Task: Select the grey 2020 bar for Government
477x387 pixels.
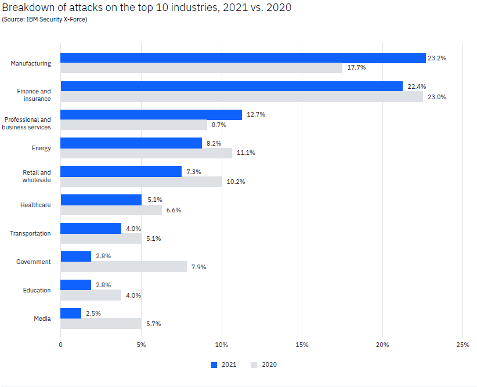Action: click(x=124, y=267)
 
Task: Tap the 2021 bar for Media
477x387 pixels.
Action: click(x=71, y=313)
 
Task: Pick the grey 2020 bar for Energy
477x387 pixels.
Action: click(x=146, y=153)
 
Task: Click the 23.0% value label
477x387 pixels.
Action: click(x=436, y=97)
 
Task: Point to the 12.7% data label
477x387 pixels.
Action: click(x=256, y=114)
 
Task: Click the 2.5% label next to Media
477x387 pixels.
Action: click(x=93, y=313)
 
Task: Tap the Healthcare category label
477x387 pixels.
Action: click(x=35, y=205)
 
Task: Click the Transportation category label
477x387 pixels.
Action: click(x=30, y=233)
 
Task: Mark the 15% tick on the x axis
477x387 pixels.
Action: click(x=302, y=344)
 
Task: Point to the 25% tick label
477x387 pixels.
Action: click(x=462, y=344)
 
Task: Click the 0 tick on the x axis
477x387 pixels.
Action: click(x=60, y=344)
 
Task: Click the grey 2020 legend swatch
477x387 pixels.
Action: click(x=254, y=364)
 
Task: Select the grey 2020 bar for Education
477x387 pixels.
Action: click(x=91, y=295)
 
